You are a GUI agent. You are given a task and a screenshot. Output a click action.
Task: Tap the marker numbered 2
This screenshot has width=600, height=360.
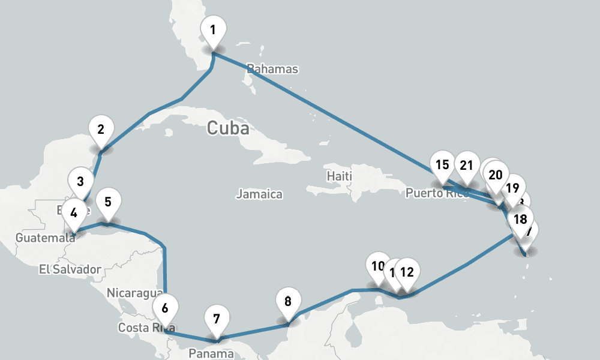[101, 129]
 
